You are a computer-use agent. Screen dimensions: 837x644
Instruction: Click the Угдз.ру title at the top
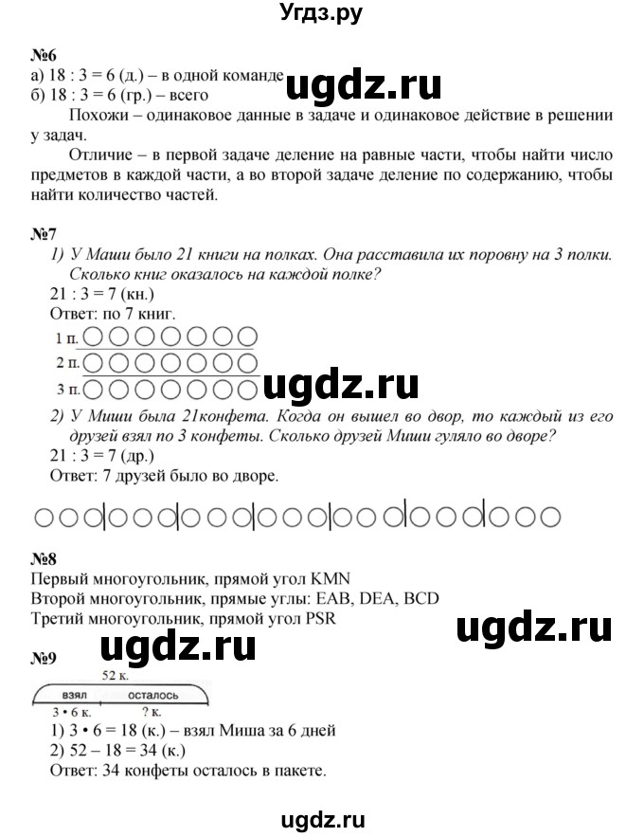[322, 13]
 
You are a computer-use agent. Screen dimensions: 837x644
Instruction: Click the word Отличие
[104, 155]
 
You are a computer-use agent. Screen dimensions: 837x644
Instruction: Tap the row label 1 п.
[66, 337]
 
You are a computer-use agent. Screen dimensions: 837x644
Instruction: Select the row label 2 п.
[66, 362]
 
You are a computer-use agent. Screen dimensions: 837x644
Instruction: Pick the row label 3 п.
[66, 388]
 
